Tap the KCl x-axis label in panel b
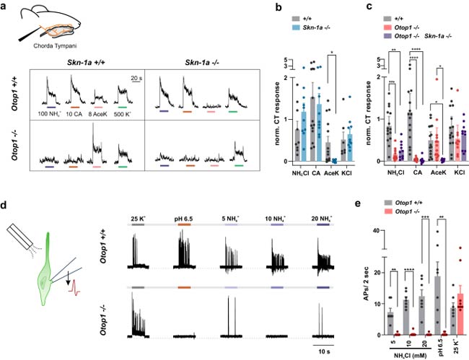349,173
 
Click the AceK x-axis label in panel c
419,173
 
